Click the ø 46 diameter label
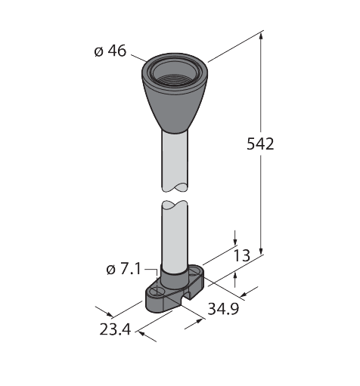110,51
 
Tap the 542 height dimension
260,144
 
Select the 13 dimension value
242,255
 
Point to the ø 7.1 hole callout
123,270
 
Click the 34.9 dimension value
223,309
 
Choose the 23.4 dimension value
115,329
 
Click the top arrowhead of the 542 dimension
261,36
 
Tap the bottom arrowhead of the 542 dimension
261,251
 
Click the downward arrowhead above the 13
235,241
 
